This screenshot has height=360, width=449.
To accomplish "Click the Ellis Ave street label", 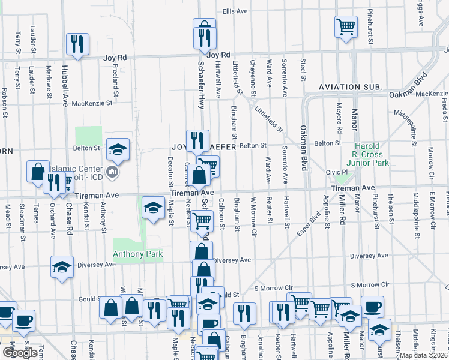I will pos(235,11).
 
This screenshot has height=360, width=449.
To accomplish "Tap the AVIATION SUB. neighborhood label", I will pos(351,87).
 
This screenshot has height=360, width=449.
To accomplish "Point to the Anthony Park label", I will pos(137,254).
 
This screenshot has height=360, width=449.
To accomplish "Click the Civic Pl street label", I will pos(333,172).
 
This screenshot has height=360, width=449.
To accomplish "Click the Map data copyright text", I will pos(424,355).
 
